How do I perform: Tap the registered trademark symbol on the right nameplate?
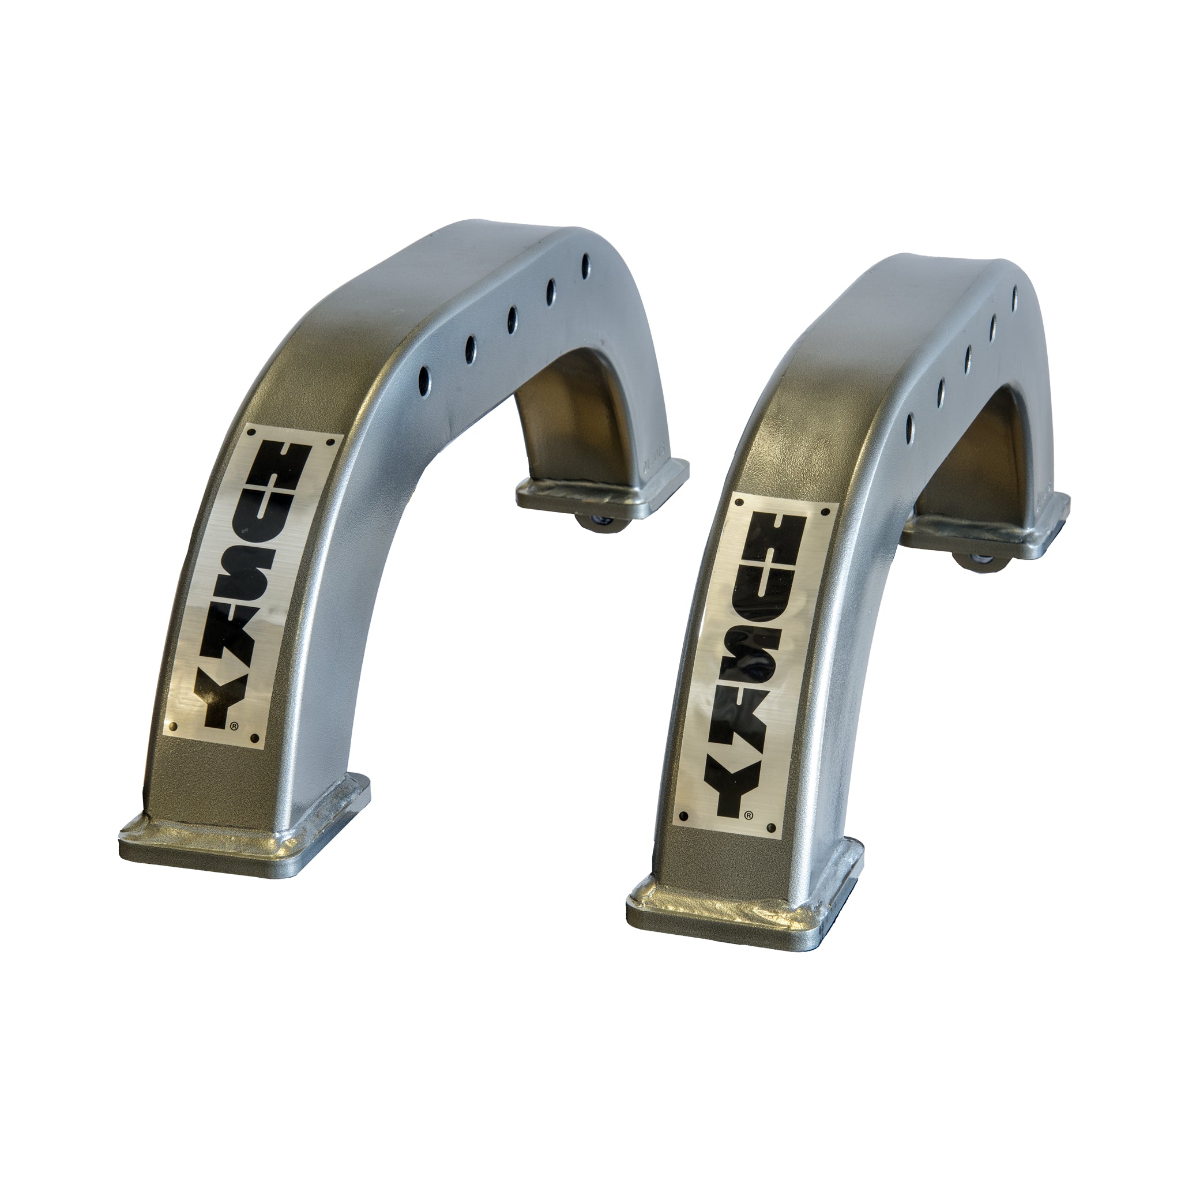click(748, 814)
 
